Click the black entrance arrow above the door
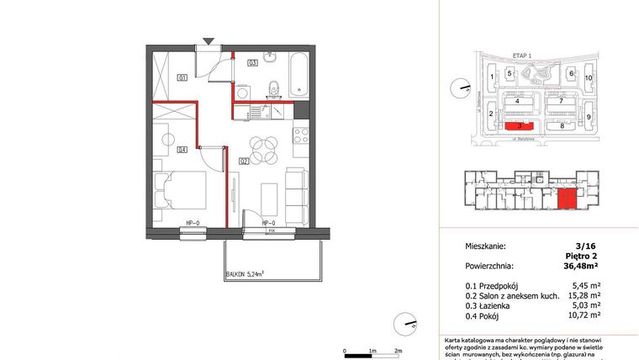click(209, 40)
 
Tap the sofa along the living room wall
click(297, 193)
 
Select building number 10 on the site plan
click(589, 77)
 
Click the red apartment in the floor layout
click(568, 199)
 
